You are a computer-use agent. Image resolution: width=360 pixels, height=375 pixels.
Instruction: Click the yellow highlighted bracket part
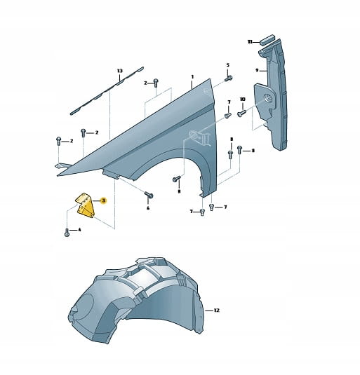85,205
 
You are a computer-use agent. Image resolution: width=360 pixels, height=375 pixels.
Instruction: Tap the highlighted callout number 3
103,200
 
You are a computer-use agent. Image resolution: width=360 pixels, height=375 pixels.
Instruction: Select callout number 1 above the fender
192,77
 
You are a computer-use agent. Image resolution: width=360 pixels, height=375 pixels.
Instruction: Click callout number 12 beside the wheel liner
216,311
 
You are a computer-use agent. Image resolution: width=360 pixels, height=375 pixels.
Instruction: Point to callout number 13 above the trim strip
120,71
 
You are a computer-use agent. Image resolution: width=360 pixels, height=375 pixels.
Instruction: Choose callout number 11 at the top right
250,42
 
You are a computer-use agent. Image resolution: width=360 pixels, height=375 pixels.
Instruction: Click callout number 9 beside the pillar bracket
257,70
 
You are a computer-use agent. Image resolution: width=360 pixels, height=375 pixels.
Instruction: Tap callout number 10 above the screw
243,99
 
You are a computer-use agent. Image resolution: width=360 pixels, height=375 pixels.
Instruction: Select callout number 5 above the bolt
227,64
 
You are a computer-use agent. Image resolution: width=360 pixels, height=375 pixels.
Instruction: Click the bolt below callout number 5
229,79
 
